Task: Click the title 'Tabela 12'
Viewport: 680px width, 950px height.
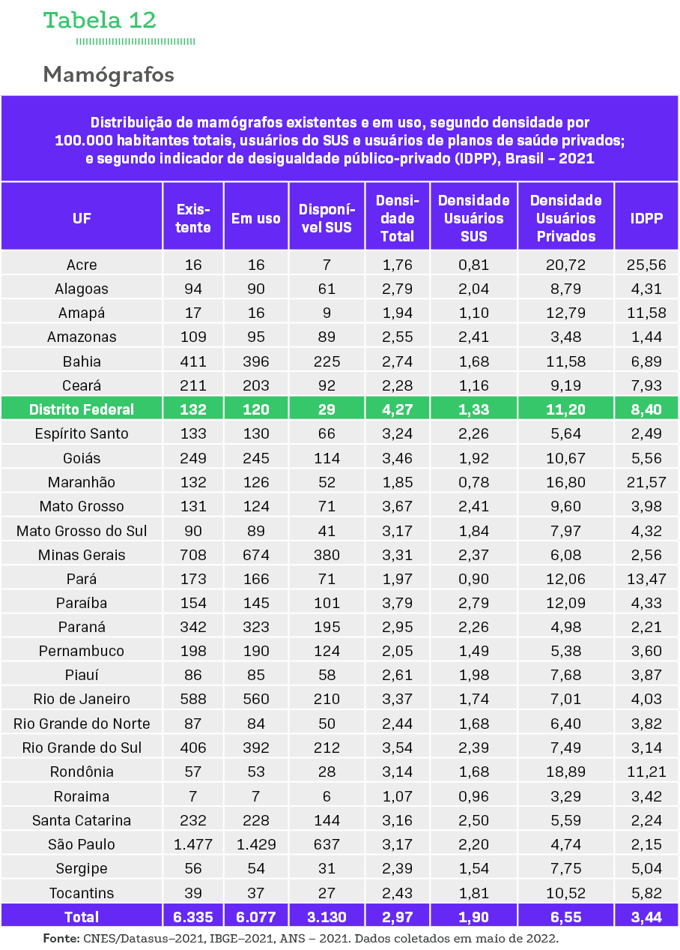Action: coord(100,20)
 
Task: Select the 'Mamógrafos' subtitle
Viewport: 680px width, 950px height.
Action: coord(109,75)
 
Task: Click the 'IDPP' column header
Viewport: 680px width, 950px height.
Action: coord(646,218)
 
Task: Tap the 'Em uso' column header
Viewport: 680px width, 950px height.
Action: coord(256,218)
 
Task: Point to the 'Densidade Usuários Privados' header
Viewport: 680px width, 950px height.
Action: coord(565,218)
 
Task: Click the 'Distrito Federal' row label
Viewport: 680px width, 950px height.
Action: coord(82,409)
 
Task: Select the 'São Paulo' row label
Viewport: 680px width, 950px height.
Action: coord(82,844)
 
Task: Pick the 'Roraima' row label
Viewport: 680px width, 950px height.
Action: coord(82,796)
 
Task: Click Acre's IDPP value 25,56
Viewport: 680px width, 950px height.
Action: coord(646,265)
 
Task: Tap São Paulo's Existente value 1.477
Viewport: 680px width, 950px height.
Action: coord(193,844)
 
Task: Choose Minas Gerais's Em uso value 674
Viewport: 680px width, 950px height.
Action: coord(256,555)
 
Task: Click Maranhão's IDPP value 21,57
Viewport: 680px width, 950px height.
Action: coord(646,482)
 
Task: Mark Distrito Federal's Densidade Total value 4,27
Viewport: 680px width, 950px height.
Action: coord(397,409)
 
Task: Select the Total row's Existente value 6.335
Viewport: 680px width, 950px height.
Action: coord(193,917)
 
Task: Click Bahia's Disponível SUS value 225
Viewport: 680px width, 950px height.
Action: coord(326,361)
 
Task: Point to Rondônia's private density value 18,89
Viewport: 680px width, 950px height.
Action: coord(565,772)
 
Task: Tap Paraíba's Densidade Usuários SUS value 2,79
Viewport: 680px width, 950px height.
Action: coord(473,603)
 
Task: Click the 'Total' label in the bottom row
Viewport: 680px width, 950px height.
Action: coord(82,917)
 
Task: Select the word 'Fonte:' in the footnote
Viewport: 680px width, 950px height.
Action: coord(61,939)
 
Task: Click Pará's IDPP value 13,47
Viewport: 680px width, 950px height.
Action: coord(646,579)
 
